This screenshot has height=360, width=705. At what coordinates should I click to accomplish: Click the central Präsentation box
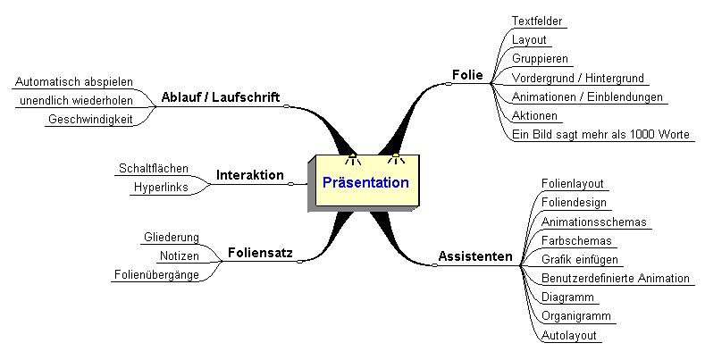click(x=365, y=183)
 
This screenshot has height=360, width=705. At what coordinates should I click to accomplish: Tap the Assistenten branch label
click(x=475, y=257)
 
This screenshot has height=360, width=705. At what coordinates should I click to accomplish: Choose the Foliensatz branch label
click(x=260, y=252)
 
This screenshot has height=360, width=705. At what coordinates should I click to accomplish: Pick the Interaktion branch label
click(x=249, y=175)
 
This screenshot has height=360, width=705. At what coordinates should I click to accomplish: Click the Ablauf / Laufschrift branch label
click(x=221, y=96)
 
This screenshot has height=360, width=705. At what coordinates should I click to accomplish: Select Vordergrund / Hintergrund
click(x=578, y=79)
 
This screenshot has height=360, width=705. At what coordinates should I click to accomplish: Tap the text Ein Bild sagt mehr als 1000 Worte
click(x=600, y=135)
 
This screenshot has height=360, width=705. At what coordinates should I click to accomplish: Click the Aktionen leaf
click(x=535, y=116)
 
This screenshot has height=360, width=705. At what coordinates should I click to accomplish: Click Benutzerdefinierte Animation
click(x=616, y=279)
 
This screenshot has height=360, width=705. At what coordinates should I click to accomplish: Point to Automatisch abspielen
click(x=74, y=82)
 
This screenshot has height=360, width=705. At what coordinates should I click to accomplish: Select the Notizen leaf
click(x=179, y=255)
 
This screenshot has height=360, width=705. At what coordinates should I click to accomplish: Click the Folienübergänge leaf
click(x=156, y=275)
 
